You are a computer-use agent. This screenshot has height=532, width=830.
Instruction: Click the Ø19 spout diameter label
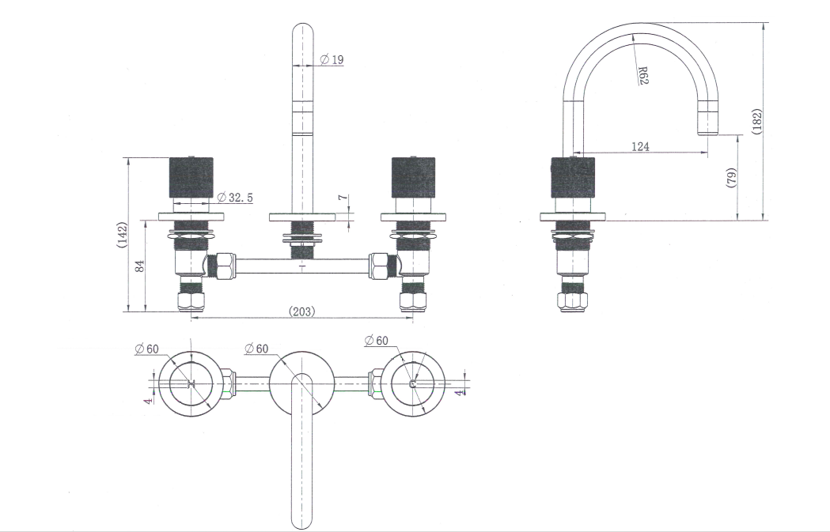coord(332,59)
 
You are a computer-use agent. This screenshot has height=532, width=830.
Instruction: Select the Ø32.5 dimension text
coord(235,197)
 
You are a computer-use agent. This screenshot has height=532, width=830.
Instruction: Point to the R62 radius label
coord(642,74)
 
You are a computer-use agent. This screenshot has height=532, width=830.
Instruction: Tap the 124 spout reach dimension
coord(640,146)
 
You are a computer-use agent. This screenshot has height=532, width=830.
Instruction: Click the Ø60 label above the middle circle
coord(256,348)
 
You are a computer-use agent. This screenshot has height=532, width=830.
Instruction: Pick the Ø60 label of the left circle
coord(146,348)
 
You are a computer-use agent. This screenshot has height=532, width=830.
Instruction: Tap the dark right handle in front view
coord(413,178)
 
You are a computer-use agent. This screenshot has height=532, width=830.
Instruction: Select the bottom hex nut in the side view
coord(572,301)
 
